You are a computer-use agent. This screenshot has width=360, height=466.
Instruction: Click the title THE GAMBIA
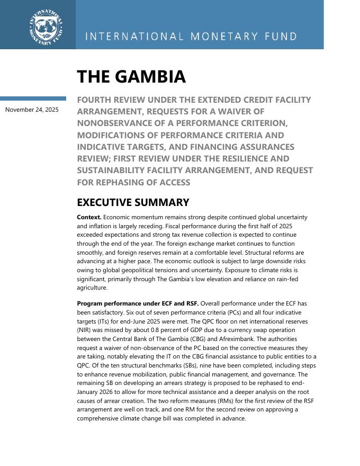tap(131, 77)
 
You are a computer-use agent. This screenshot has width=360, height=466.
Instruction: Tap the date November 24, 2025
tap(32, 110)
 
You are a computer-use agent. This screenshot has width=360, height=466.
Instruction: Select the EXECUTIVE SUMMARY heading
tap(133, 202)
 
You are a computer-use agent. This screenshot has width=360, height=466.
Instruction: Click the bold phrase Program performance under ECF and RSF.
tap(138, 303)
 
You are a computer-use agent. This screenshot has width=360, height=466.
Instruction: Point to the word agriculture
tap(92, 288)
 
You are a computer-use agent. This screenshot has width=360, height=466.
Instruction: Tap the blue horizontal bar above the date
tap(33, 98)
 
